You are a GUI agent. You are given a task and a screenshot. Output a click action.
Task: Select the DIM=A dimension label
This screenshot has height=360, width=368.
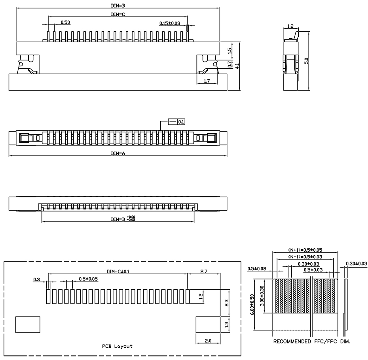pos(118,153)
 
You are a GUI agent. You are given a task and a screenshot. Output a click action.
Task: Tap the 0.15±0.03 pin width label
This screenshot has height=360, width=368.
pos(170,23)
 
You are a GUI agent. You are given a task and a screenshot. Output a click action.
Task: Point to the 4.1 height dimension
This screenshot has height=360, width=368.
pos(237,66)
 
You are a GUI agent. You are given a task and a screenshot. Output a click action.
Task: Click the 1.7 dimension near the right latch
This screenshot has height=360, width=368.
pos(207,81)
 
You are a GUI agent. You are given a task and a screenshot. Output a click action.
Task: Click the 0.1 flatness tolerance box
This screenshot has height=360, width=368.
pos(181,122)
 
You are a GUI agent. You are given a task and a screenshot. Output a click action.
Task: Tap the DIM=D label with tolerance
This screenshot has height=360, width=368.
pos(123,219)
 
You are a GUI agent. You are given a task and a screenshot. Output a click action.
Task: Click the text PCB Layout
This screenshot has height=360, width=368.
pos(117,346)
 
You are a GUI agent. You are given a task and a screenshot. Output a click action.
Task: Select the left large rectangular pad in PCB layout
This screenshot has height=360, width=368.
pos(28,324)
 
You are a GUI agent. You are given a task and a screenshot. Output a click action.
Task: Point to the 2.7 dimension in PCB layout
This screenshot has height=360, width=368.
pos(205,271)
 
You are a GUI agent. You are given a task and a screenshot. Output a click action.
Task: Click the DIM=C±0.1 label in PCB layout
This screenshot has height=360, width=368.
pos(118,271)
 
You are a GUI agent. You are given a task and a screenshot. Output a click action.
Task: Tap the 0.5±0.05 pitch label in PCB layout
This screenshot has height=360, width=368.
pos(88,279)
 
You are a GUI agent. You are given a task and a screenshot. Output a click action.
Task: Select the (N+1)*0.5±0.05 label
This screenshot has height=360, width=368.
pos(305,250)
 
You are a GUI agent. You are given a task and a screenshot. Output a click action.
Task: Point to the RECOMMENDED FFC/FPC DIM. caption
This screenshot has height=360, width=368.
pos(312,341)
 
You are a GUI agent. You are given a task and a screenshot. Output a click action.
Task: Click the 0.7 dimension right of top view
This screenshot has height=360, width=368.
pos(230,64)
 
